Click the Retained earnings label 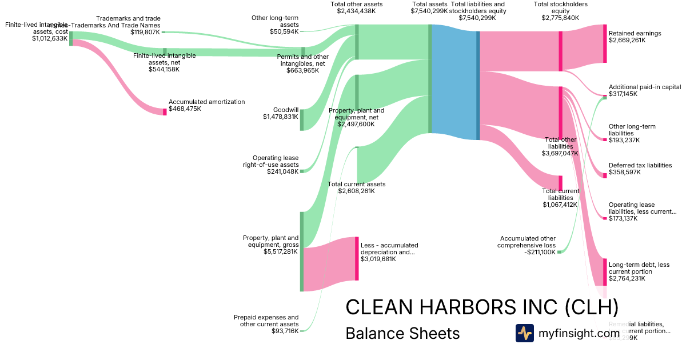[635, 33]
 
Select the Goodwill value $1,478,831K [281, 117]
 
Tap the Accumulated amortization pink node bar [165, 111]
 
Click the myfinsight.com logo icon [524, 333]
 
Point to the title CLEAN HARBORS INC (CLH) [482, 307]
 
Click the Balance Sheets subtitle [402, 333]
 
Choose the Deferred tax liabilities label [640, 165]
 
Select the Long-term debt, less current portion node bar [605, 271]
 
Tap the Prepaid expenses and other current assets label [266, 321]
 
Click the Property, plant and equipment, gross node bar [302, 251]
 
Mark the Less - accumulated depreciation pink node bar [357, 258]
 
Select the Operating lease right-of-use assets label [276, 161]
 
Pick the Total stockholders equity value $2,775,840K [560, 18]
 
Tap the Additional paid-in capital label [645, 87]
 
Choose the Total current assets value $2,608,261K [357, 191]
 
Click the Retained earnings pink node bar [605, 43]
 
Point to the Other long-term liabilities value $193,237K [624, 140]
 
